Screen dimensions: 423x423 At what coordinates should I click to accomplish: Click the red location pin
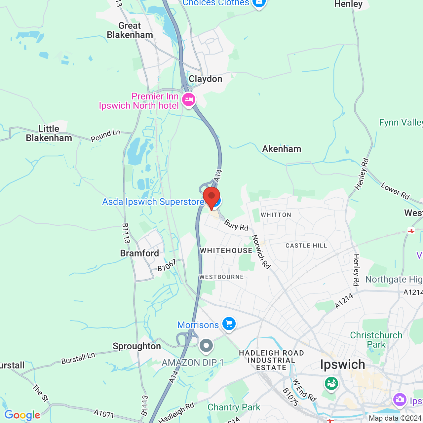click(211, 198)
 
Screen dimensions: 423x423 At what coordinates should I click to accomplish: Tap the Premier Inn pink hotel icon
click(189, 99)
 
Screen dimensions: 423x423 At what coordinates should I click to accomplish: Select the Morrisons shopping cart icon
click(229, 324)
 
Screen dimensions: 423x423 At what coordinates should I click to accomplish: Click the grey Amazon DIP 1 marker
click(206, 346)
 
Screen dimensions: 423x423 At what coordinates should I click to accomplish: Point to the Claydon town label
click(205, 79)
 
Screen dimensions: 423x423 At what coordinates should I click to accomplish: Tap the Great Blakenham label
click(130, 30)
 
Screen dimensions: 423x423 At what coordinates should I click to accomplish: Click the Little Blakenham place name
click(49, 133)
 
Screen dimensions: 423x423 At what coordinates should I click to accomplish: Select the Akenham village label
click(282, 149)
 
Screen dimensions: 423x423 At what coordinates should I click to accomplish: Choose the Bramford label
click(139, 253)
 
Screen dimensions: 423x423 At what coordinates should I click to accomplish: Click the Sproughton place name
click(137, 346)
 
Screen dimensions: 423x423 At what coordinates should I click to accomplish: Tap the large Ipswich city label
click(343, 365)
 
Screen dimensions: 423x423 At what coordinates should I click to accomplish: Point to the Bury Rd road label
click(236, 225)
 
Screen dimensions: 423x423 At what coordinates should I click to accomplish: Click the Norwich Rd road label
click(261, 251)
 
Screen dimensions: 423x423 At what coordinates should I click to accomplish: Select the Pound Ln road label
click(105, 135)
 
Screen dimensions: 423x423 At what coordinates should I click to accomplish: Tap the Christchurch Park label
click(376, 340)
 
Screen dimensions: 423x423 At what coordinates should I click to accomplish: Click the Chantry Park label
click(234, 407)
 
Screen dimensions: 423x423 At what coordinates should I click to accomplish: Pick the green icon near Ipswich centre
click(331, 383)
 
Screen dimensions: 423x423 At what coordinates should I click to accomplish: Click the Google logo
click(22, 415)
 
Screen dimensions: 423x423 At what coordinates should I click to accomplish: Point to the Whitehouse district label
click(226, 250)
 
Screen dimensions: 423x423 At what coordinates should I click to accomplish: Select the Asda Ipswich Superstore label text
click(153, 202)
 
